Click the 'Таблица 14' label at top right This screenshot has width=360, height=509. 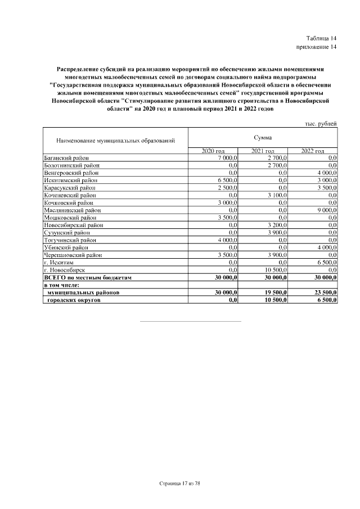321,37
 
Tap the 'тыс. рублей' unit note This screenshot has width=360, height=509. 321,123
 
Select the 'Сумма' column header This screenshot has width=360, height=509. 262,137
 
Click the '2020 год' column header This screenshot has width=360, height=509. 213,151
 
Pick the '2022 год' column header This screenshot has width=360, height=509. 312,151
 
